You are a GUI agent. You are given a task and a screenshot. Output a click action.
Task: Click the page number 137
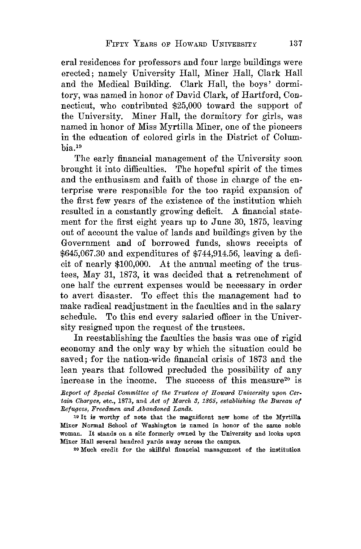point(295,44)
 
